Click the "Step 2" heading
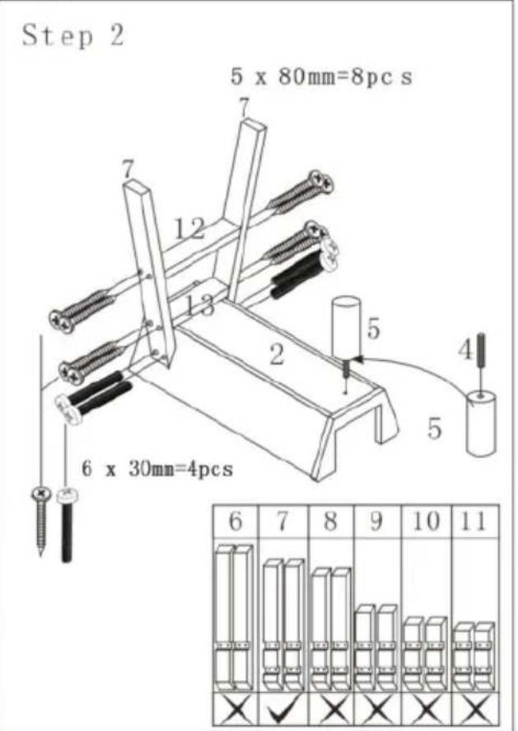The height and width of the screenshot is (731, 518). pos(72,35)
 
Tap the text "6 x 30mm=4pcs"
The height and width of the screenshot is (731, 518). pos(157,469)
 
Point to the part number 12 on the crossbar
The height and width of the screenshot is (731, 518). pos(190,228)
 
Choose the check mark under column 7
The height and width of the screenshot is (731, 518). pos(283,710)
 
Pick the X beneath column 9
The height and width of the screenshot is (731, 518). pos(377,710)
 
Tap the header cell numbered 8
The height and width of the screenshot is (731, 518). pos(330,522)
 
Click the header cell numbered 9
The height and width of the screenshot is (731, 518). pos(377,522)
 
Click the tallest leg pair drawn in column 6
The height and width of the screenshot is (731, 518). pos(233,614)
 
